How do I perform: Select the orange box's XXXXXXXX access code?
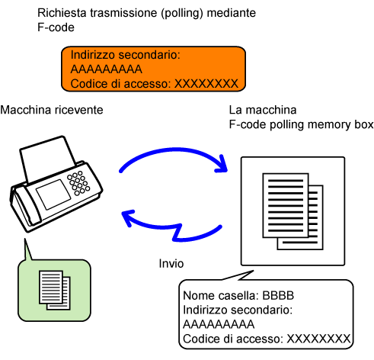click(x=206, y=84)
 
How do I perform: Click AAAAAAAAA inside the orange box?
click(x=106, y=69)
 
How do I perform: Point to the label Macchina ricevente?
click(x=52, y=110)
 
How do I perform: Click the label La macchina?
click(x=263, y=110)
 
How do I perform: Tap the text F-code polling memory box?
click(x=301, y=125)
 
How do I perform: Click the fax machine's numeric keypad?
click(x=78, y=183)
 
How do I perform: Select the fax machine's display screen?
click(x=53, y=194)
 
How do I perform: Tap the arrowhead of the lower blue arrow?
click(x=128, y=217)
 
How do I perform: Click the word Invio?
click(x=171, y=264)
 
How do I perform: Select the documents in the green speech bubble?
click(x=55, y=290)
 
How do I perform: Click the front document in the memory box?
click(x=286, y=205)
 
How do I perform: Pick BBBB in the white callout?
click(x=278, y=296)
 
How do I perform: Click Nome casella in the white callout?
click(x=221, y=296)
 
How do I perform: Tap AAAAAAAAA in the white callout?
click(x=219, y=324)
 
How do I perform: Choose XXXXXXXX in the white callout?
click(x=318, y=339)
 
